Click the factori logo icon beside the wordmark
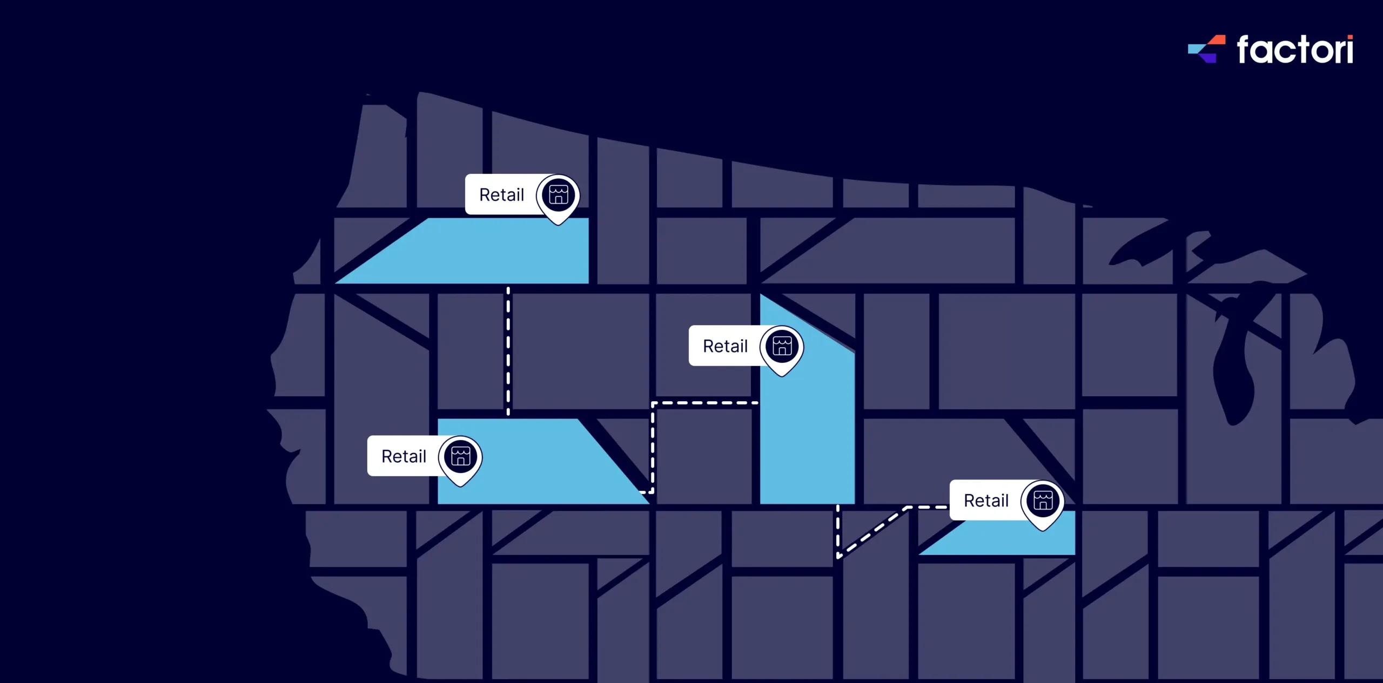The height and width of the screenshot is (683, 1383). pyautogui.click(x=1207, y=49)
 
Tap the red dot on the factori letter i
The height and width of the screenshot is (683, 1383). pyautogui.click(x=1350, y=38)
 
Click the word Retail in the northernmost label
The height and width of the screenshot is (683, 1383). pyautogui.click(x=501, y=195)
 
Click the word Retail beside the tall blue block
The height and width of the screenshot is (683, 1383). pyautogui.click(x=725, y=346)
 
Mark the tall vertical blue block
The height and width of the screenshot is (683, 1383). pyautogui.click(x=807, y=432)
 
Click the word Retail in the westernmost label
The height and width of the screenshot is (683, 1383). pyautogui.click(x=404, y=457)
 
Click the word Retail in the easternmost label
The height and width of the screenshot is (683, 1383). pyautogui.click(x=986, y=501)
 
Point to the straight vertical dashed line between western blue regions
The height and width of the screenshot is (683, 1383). pyautogui.click(x=508, y=351)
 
